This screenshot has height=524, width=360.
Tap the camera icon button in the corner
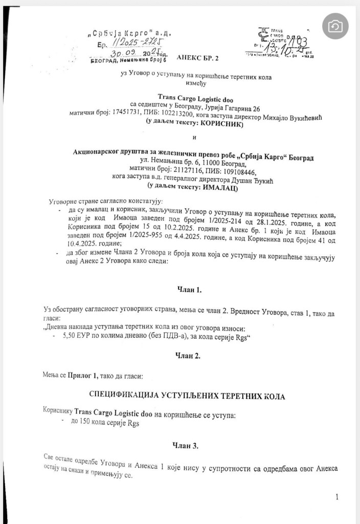click(335, 26)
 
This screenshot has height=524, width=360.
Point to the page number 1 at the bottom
click(336, 497)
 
